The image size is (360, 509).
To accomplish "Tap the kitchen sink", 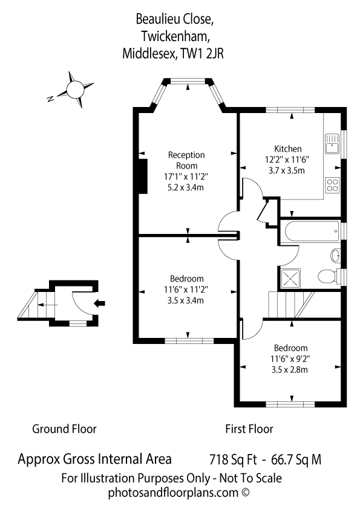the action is [332, 144].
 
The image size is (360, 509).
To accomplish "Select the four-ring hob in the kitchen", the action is [332, 185].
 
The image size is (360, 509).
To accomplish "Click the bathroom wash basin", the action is [336, 255].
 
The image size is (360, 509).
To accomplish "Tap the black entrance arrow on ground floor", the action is [99, 303].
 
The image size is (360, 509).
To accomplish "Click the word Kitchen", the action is [288, 149].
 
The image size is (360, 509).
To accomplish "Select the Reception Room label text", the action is [186, 160].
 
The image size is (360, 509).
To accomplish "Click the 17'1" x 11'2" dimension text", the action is [186, 177].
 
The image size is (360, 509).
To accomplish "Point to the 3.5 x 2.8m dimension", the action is [289, 370].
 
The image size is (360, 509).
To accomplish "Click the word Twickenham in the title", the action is [175, 36].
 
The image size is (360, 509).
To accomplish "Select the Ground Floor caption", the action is [64, 429].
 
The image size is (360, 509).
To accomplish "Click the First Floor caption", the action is [249, 429].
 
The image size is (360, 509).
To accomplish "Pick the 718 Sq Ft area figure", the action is [233, 459].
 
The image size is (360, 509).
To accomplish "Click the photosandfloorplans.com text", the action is [173, 493].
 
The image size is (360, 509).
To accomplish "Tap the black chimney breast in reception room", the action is [143, 177].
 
